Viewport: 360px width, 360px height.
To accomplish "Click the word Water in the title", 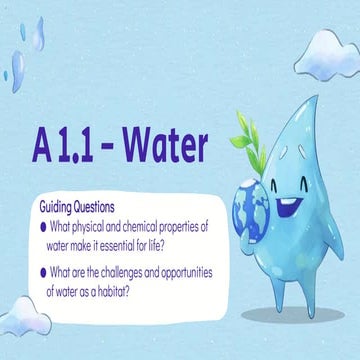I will click(x=159, y=146).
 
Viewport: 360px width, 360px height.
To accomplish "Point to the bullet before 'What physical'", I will click(x=45, y=226).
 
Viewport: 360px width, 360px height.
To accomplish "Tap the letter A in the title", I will click(x=40, y=147).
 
